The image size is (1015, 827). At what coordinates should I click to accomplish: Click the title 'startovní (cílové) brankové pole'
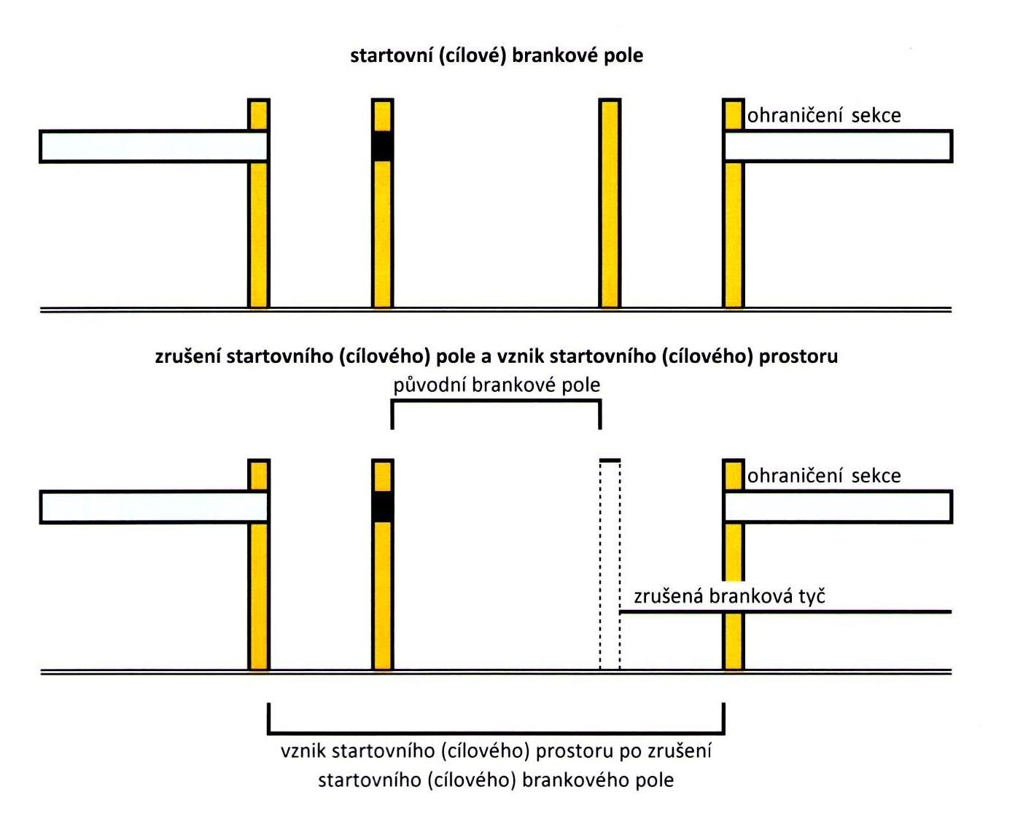coord(497,56)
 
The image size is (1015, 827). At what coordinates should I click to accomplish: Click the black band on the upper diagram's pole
coord(383,146)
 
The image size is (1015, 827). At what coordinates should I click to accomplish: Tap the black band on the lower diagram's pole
coord(383,506)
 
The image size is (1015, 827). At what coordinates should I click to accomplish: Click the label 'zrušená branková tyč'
coord(729,596)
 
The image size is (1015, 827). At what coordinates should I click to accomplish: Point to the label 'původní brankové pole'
coord(497,385)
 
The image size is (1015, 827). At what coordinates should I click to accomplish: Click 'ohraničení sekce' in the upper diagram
coord(824,115)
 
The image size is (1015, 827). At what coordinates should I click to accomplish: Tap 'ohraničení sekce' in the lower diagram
coord(824,476)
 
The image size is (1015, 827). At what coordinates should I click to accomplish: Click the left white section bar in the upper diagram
coord(153,146)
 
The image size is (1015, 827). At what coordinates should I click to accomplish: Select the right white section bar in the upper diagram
coord(839,146)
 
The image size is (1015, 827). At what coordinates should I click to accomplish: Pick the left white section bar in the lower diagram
coord(153,507)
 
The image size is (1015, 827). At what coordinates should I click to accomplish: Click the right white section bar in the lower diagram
coord(839,507)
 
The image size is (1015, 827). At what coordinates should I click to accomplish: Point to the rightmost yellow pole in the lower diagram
coord(734,641)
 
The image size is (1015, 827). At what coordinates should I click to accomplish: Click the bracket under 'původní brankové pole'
coord(497,402)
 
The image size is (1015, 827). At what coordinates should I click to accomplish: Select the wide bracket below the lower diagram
coord(497,732)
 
